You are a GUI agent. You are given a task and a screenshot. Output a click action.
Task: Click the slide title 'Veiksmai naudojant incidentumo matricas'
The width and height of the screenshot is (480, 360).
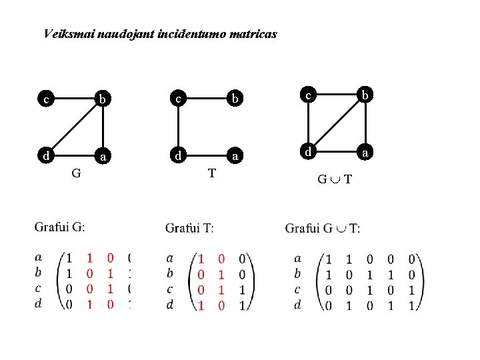click(x=159, y=33)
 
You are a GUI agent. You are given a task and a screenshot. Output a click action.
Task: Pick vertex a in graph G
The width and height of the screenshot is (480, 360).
click(x=102, y=157)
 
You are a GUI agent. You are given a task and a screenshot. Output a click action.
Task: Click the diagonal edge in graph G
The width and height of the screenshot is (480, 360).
click(x=73, y=128)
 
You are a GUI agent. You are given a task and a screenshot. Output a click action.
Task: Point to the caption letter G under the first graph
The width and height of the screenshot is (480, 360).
click(x=76, y=174)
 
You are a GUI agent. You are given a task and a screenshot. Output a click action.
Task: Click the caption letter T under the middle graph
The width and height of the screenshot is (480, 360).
click(x=211, y=174)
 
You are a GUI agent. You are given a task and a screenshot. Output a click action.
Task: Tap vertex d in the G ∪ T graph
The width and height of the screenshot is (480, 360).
click(x=308, y=152)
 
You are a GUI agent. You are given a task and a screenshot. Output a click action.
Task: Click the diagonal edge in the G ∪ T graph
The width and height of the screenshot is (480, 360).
click(x=337, y=124)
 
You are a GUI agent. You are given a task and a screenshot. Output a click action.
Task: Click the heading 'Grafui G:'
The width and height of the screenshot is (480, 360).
click(x=59, y=227)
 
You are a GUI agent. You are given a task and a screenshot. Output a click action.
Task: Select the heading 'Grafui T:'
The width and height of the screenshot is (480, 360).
click(x=189, y=229)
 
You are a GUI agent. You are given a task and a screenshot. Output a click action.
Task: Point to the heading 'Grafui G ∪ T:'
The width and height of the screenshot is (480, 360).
click(x=323, y=229)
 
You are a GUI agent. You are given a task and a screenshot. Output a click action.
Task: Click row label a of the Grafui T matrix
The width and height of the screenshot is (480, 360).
click(x=170, y=258)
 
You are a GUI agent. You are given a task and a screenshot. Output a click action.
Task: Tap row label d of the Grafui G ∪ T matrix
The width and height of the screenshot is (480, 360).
click(x=297, y=304)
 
